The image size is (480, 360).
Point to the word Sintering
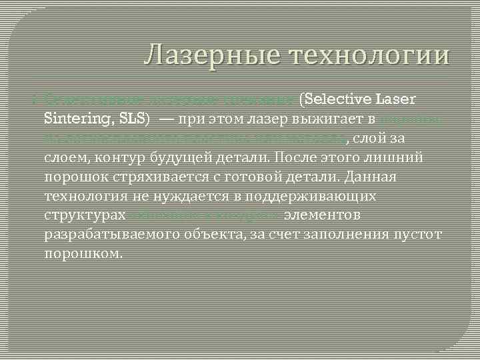pyautogui.click(x=74, y=120)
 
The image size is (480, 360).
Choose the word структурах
pyautogui.click(x=85, y=216)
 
